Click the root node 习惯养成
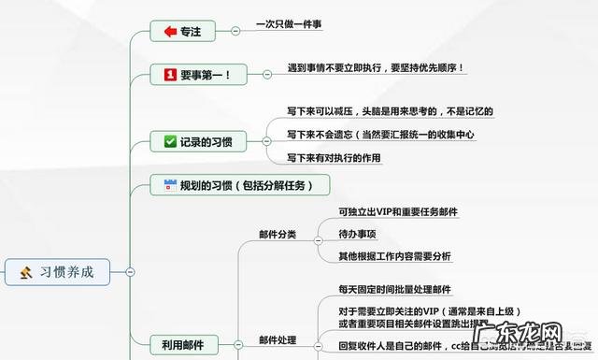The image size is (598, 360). [x=65, y=272]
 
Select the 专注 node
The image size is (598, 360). [x=190, y=31]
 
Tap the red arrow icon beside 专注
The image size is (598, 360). [x=169, y=31]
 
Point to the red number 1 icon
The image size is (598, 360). [x=169, y=74]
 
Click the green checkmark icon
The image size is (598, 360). [x=169, y=142]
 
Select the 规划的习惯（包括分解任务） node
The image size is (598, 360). [x=240, y=184]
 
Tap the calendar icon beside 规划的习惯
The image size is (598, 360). [x=169, y=184]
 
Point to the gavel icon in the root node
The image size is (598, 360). [x=26, y=272]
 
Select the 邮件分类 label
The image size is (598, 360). [x=278, y=234]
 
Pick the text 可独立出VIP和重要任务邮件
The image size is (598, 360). [x=398, y=212]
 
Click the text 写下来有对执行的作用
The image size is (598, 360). [x=334, y=158]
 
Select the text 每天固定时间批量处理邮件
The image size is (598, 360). [x=394, y=290]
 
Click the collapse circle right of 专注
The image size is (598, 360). [x=235, y=31]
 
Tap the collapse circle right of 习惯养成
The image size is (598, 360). [x=130, y=272]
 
